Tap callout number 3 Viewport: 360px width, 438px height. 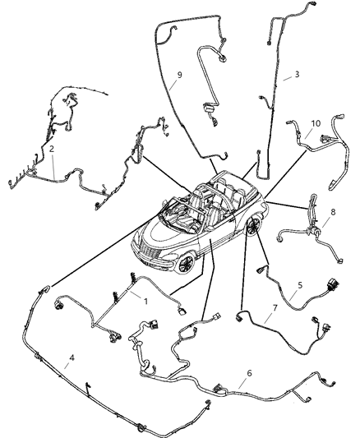tap(298, 76)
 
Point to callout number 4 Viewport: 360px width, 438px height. tap(73, 357)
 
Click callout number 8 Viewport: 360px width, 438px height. tap(332, 212)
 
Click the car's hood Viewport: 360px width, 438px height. tap(160, 231)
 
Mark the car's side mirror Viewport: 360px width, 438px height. tap(200, 226)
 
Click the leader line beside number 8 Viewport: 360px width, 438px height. tap(323, 215)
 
